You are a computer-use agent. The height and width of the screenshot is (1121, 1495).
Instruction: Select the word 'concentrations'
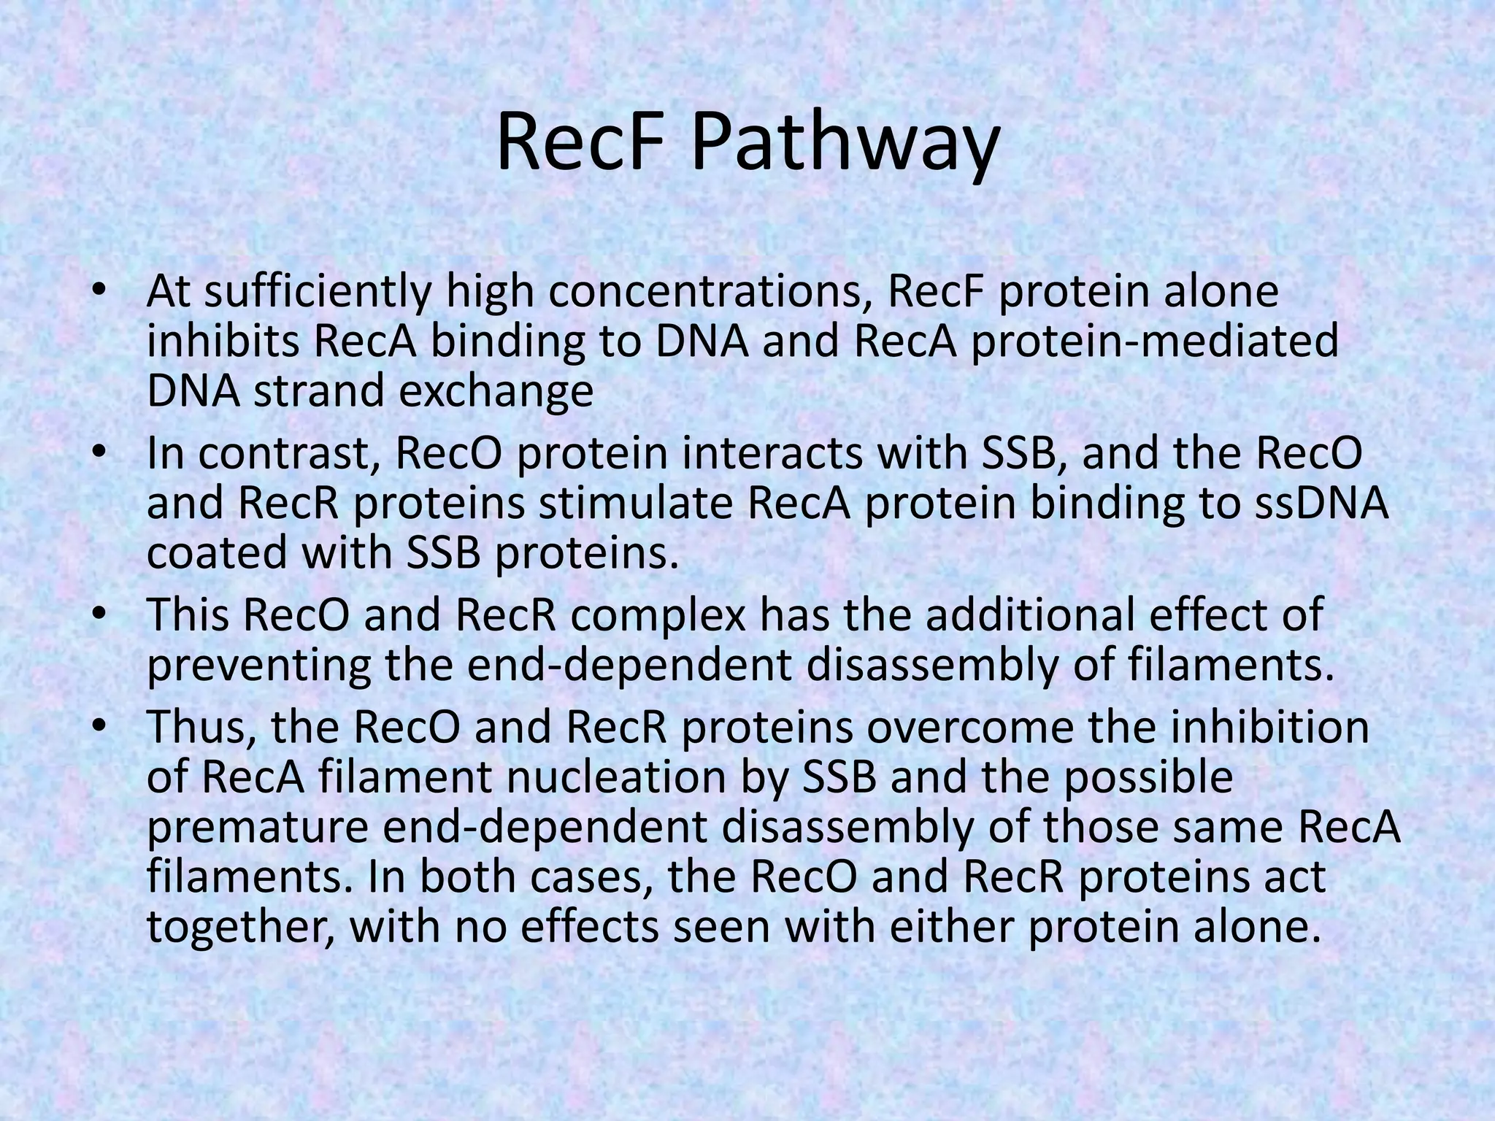(711, 292)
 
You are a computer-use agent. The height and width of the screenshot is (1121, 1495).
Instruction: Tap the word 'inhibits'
(223, 341)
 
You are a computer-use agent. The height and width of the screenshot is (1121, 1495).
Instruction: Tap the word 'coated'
(215, 553)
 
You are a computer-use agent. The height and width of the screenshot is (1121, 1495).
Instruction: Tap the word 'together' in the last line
(242, 927)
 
